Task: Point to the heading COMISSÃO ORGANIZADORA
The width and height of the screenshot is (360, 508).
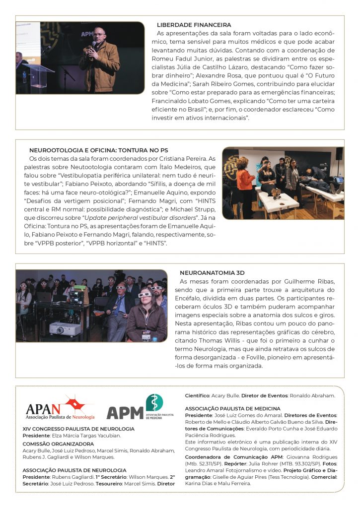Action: (x=58, y=444)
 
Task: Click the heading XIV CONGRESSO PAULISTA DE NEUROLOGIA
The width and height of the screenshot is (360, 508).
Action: (x=78, y=429)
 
